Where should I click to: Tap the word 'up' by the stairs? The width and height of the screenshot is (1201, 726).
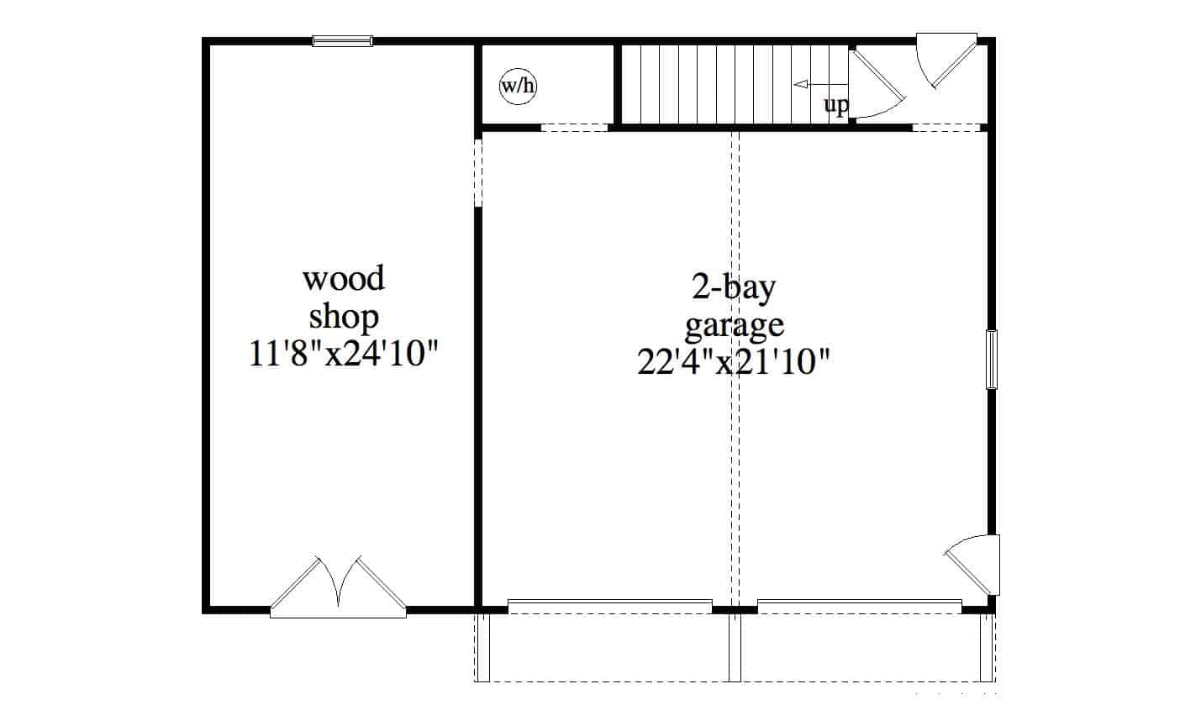click(x=835, y=106)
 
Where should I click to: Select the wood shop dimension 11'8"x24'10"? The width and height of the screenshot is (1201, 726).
click(x=344, y=354)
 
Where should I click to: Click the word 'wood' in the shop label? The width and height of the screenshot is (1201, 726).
click(x=344, y=278)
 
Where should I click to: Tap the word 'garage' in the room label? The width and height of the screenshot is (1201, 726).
click(x=734, y=324)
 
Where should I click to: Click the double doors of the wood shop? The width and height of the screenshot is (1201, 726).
click(x=338, y=586)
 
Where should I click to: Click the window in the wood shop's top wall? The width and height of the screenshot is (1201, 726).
click(x=342, y=40)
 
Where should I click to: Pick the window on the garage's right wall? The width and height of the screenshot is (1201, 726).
click(x=992, y=360)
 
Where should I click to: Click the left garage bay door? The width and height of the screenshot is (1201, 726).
click(x=609, y=606)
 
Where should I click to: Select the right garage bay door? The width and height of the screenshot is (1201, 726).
click(x=859, y=606)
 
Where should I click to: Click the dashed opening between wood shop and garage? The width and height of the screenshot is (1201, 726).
click(x=477, y=173)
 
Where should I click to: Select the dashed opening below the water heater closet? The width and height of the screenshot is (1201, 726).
click(x=574, y=128)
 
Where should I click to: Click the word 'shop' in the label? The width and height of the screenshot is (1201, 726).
click(x=344, y=317)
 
